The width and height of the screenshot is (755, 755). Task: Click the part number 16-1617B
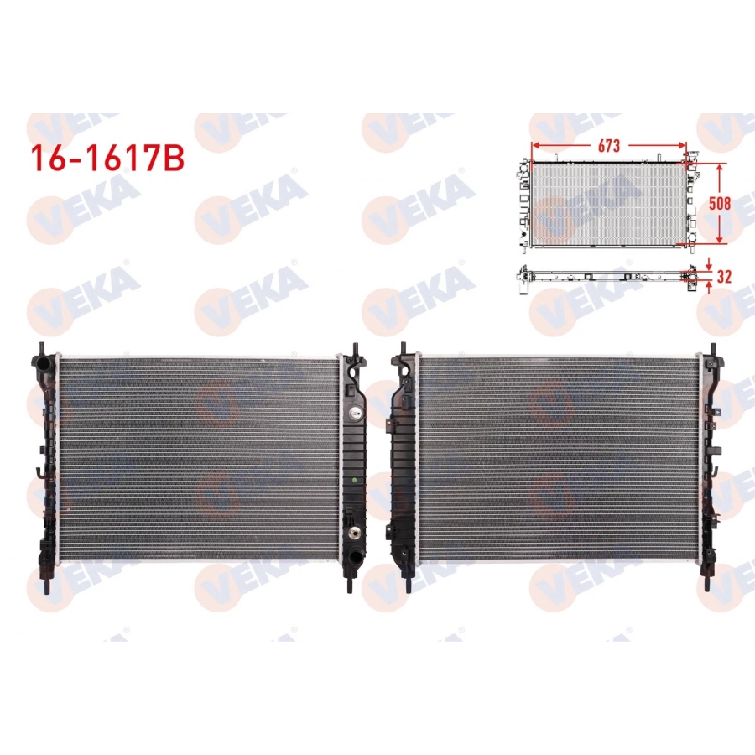(x=106, y=159)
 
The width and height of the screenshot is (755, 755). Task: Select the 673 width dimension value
(x=609, y=145)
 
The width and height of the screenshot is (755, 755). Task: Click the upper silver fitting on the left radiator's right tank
(x=357, y=413)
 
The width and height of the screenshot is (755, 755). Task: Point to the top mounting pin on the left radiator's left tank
(x=40, y=348)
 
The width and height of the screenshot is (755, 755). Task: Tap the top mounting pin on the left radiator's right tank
(x=355, y=346)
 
